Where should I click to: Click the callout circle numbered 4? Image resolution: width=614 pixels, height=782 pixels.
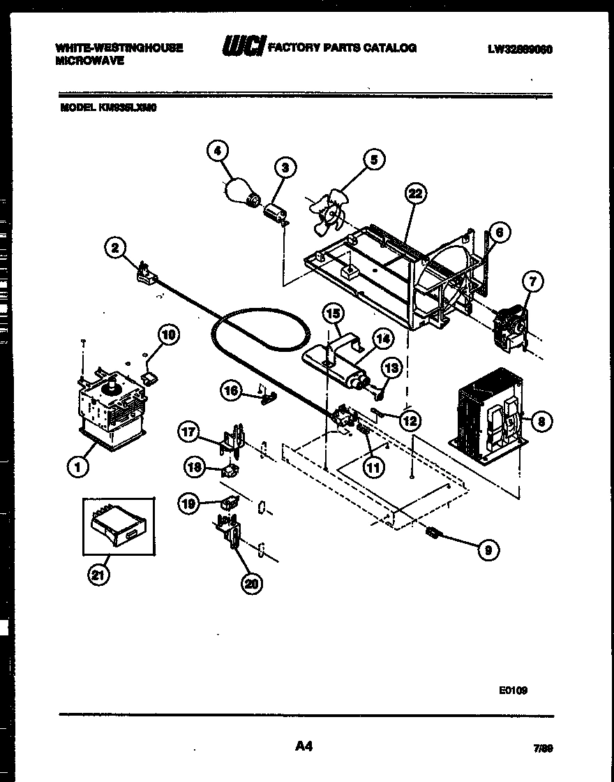(218, 150)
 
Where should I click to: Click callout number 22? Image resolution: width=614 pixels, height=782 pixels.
(416, 195)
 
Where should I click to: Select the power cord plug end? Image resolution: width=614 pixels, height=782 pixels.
(145, 275)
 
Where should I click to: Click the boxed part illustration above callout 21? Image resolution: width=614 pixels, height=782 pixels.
(118, 529)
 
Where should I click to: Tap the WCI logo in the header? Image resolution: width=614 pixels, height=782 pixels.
(242, 48)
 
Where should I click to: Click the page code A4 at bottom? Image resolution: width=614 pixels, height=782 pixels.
(303, 747)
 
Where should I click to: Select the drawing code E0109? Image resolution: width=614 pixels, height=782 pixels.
(513, 690)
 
